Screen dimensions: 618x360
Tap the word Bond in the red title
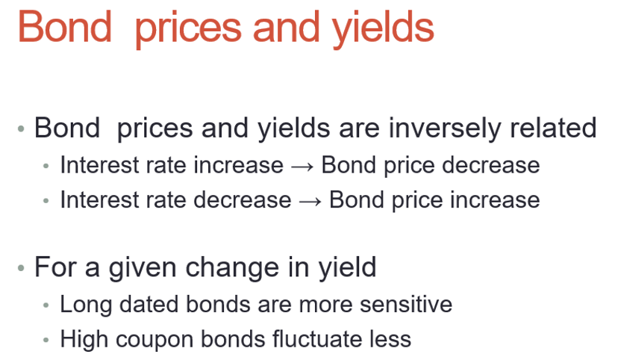pos(65,26)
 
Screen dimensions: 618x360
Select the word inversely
pos(445,129)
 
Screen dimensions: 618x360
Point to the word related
pos(553,128)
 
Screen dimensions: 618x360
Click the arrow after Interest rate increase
pos(302,167)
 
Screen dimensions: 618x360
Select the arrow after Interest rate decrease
pos(310,202)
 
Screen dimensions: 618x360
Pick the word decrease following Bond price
pos(490,165)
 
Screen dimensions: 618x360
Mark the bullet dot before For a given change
pos(22,268)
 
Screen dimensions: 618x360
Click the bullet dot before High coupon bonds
pos(46,340)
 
